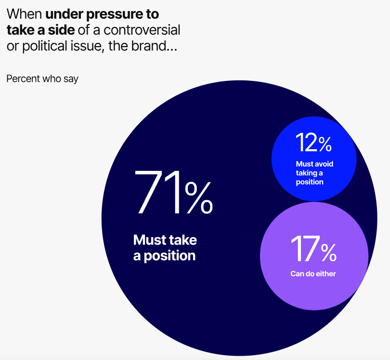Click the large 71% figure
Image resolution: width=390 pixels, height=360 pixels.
tap(173, 192)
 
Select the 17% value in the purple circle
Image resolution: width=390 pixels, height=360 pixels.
tap(313, 249)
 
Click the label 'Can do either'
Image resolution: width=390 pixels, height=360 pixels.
tap(313, 274)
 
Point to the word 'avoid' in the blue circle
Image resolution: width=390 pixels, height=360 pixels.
tap(324, 164)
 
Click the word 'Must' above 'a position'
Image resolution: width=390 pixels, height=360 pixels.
tap(150, 240)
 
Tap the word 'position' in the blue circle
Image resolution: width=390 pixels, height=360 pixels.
tap(310, 182)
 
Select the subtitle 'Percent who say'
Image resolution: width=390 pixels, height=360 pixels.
tap(42, 79)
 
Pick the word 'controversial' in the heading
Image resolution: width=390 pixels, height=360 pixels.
tap(142, 30)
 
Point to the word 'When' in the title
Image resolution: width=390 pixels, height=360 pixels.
tap(24, 14)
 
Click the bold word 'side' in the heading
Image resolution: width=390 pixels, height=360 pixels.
tap(61, 30)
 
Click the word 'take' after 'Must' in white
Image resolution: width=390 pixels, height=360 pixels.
tap(183, 240)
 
